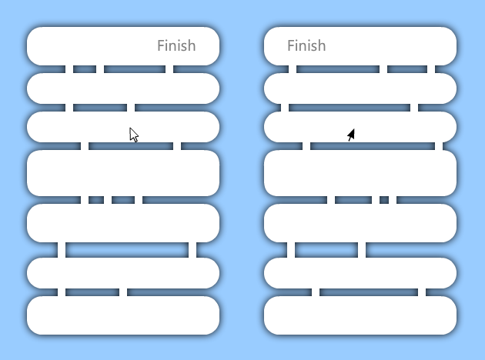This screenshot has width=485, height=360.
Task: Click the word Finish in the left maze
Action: tap(176, 45)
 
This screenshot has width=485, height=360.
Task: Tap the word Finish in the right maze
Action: tap(306, 45)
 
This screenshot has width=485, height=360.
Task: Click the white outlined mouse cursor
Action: tap(134, 135)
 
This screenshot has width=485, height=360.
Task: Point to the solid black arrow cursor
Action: tap(351, 135)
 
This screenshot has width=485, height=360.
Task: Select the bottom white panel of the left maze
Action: tap(123, 315)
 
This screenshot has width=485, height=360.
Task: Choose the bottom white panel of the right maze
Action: tap(360, 315)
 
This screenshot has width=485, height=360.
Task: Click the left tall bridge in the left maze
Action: tap(62, 250)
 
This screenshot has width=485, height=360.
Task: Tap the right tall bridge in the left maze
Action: tap(192, 250)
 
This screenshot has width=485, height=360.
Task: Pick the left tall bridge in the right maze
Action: tap(291, 250)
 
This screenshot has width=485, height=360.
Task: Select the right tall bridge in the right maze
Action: tap(362, 250)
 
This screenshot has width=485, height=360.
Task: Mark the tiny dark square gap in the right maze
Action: tap(384, 200)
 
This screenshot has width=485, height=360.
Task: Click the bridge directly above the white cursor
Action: tap(131, 108)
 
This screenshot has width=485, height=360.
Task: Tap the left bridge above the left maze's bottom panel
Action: tap(62, 292)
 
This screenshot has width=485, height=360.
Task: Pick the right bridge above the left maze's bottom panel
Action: tap(123, 292)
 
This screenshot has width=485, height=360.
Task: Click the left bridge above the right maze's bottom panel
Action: tap(316, 292)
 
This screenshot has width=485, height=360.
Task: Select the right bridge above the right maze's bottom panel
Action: tap(422, 292)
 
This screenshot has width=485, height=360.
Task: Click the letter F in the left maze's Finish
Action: tap(161, 45)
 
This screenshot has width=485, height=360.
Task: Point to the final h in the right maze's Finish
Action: tap(322, 45)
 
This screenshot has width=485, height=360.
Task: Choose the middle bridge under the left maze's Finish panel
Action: tap(100, 69)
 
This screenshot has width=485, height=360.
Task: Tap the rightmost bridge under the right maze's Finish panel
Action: tap(431, 69)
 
